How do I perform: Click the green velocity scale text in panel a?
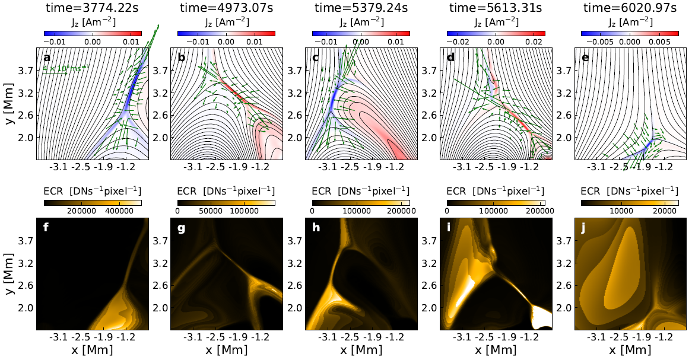[62, 69]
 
